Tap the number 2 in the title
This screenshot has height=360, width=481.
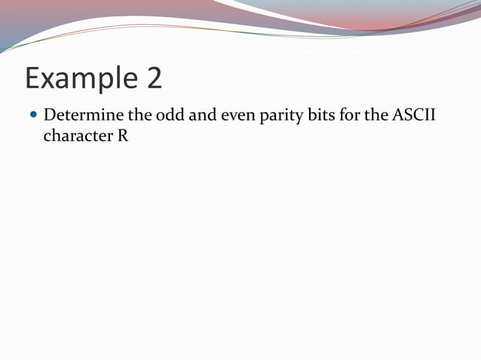(x=153, y=78)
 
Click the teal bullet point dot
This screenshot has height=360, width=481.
(x=32, y=117)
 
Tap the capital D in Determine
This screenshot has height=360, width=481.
(x=51, y=117)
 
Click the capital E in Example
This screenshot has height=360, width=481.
(x=33, y=78)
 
